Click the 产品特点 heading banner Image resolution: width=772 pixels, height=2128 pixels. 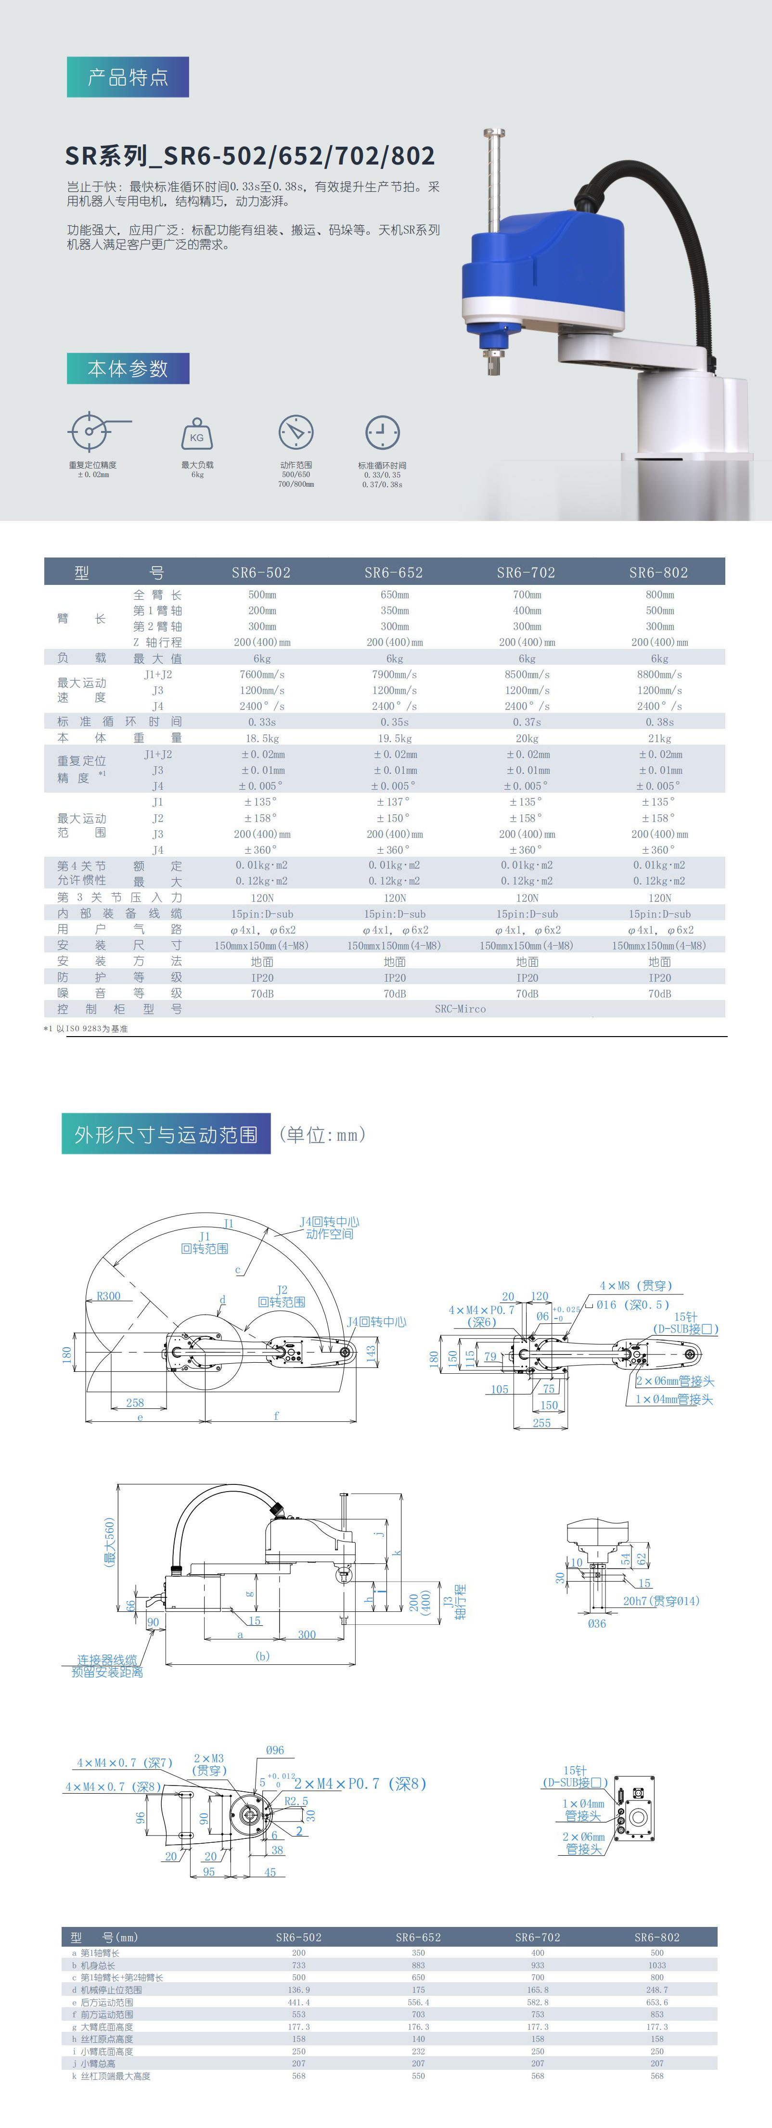point(128,77)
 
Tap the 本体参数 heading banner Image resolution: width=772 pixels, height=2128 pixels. point(128,368)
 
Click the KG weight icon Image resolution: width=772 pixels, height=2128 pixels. point(197,434)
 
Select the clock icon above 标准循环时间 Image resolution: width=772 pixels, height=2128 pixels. point(382,432)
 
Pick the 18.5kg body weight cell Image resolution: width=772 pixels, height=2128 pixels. point(262,738)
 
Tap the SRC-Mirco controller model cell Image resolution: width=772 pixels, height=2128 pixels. point(461,1009)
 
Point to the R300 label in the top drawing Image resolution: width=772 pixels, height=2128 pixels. point(108,1296)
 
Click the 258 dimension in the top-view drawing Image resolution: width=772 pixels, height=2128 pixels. point(135,1403)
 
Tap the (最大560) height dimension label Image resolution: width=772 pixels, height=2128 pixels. point(109,1542)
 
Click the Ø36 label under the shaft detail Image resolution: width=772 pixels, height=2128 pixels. point(597,1623)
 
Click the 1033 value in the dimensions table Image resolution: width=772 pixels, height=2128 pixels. point(656,1965)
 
